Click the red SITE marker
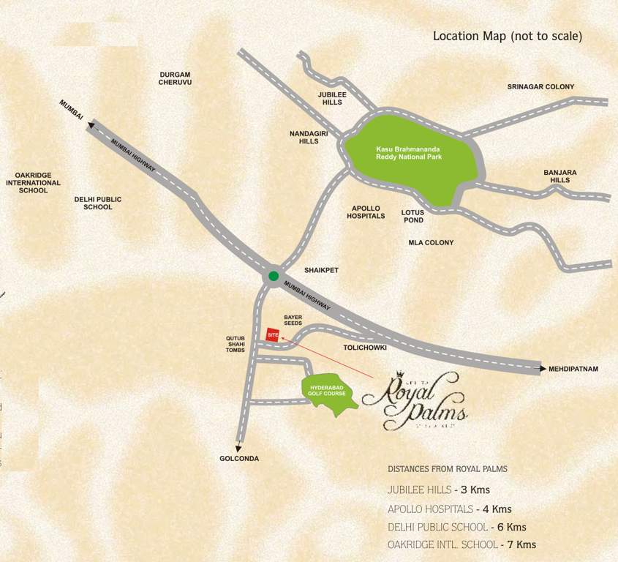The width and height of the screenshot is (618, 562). [273, 334]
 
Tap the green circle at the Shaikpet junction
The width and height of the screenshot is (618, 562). [273, 276]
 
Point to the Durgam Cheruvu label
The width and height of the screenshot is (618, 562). [175, 78]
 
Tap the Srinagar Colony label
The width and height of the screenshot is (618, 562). [540, 87]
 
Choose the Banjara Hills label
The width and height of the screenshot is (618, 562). [560, 176]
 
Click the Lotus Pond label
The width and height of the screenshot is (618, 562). [412, 216]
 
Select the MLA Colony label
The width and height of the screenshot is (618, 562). [431, 242]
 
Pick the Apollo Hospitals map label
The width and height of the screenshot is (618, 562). [366, 212]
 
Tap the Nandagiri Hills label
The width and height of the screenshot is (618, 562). [304, 137]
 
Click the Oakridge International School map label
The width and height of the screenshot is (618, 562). [33, 183]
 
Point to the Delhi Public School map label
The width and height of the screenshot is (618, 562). [98, 203]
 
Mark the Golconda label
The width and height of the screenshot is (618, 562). [239, 459]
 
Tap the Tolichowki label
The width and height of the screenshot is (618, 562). [365, 348]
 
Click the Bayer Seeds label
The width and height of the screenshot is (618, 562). [293, 321]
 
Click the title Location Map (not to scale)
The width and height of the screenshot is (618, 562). [508, 36]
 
